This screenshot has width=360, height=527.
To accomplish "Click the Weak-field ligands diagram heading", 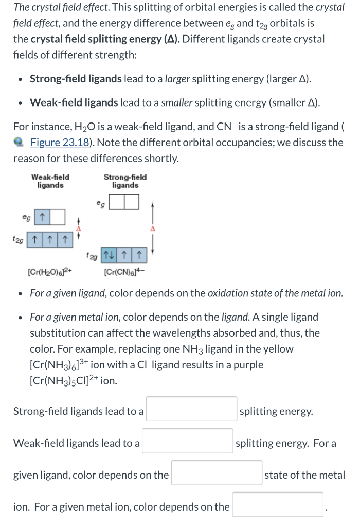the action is point(50,181).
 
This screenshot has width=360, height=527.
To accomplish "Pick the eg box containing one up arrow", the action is point(42,217).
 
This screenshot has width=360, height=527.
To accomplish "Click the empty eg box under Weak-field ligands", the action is point(57,217).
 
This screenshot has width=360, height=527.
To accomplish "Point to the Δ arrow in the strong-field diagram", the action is point(152,227).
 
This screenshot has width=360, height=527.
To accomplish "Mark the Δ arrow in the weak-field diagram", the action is point(79,227).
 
